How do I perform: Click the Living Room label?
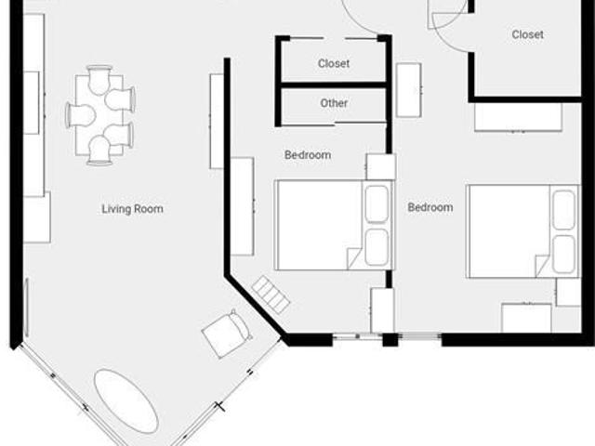pos(132,209)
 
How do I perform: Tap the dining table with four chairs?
pos(100,114)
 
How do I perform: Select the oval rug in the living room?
pos(126,401)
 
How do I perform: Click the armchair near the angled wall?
pos(227,334)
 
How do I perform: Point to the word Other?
pos(334,103)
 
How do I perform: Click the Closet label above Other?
pos(334,64)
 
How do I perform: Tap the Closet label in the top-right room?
pos(527,35)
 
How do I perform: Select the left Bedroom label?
pos(307,155)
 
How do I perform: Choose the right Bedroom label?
pos(430,207)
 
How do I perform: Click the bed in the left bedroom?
pos(322,226)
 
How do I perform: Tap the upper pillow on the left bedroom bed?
pos(376,204)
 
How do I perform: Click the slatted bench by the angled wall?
pos(271,294)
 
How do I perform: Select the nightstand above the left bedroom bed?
pos(381,166)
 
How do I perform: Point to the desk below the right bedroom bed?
pos(526,318)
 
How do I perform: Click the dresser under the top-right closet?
pos(518,117)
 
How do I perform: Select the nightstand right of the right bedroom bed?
pos(568,292)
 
